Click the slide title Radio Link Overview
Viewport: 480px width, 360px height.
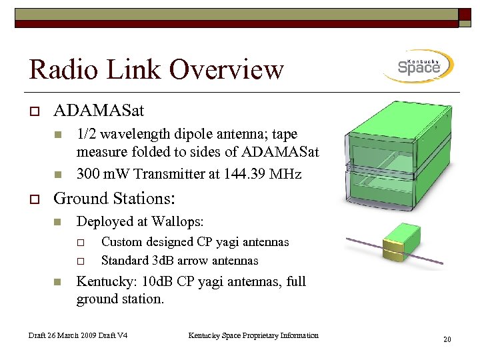(x=157, y=69)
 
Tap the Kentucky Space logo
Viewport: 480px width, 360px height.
(x=418, y=67)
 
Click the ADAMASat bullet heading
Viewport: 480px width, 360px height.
(x=98, y=110)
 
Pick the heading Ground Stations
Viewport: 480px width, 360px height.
(x=114, y=198)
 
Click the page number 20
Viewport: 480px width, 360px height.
(x=447, y=340)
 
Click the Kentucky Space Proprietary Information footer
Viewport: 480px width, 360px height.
(x=253, y=335)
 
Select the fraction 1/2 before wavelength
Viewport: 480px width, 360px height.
(x=85, y=134)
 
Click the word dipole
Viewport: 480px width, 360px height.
(x=176, y=134)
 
